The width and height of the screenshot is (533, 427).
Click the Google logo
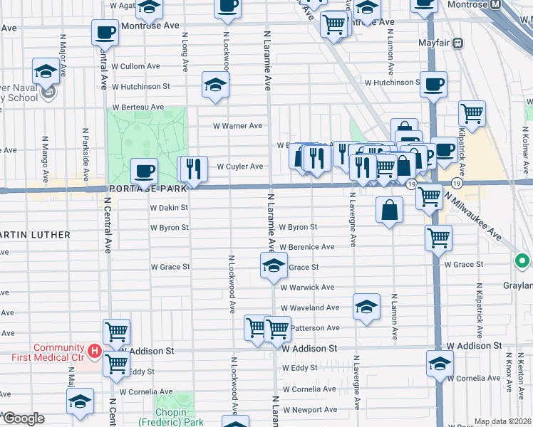(x=23, y=418)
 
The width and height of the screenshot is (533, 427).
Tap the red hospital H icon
(x=93, y=350)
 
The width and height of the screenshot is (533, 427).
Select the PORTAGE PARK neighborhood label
(x=148, y=189)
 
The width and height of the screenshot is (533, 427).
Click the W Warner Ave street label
(x=239, y=126)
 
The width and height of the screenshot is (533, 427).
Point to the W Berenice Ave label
(x=306, y=247)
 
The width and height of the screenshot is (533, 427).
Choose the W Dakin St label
(x=169, y=208)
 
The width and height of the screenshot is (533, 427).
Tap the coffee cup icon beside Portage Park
(x=145, y=171)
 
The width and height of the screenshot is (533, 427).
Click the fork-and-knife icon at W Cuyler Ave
(x=192, y=169)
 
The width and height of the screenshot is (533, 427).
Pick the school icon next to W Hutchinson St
(x=214, y=84)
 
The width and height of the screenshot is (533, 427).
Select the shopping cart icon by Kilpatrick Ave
(x=472, y=112)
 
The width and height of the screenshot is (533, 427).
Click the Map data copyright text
(x=503, y=421)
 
